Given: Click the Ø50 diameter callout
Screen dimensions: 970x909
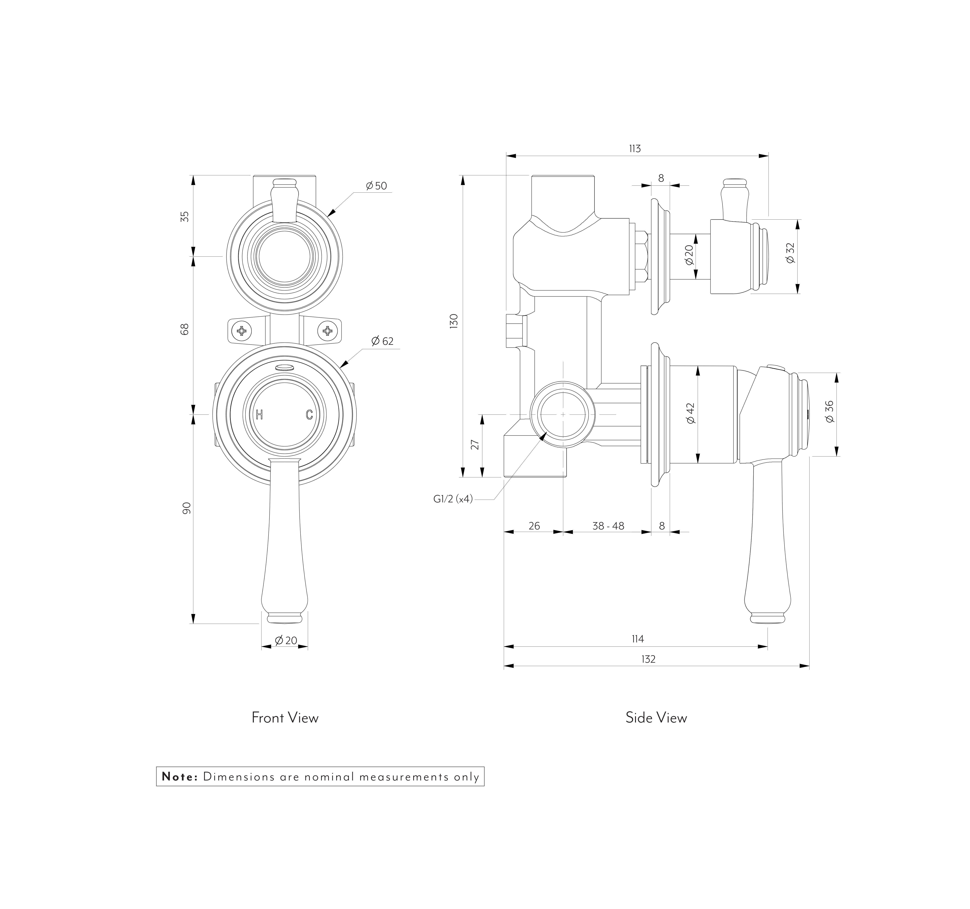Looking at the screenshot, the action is [376, 186].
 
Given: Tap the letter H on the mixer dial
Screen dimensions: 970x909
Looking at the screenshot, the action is [260, 415].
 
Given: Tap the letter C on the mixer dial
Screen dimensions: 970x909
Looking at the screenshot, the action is [309, 415].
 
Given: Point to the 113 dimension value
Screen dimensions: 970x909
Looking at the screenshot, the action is [635, 148].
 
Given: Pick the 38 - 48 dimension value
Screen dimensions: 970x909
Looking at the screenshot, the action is [608, 526].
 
